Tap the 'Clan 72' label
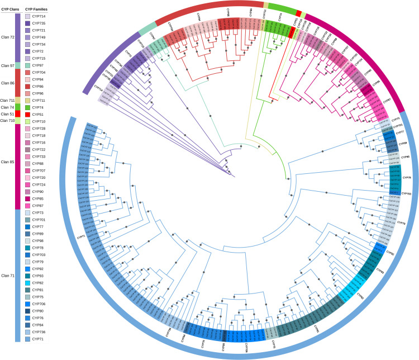(8, 37)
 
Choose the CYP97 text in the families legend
(38, 65)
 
